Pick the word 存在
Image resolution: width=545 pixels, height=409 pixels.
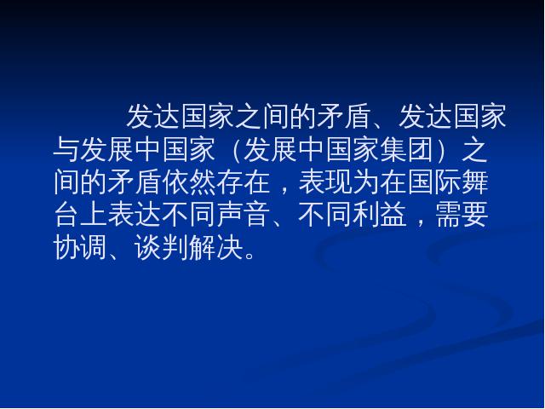coord(244,182)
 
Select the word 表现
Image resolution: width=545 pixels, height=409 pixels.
coord(325,182)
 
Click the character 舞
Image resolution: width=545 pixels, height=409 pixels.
coord(475,182)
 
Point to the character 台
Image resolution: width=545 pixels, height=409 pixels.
coord(66,215)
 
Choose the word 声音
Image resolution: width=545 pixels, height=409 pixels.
coord(244,215)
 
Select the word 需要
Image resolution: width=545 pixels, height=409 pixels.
coord(462,215)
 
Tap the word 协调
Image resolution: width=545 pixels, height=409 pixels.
coord(80,247)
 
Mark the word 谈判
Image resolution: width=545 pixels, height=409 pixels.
coord(162,247)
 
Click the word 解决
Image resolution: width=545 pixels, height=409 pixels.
coord(216,247)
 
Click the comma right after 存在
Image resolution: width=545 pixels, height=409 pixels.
coord(284,190)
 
